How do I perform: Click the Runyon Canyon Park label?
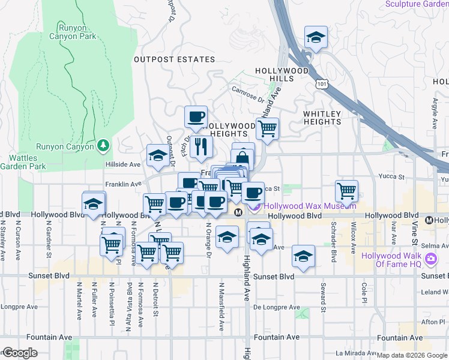click(77, 32)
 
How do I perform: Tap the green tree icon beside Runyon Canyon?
click(104, 145)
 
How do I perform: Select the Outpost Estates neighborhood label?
click(174, 59)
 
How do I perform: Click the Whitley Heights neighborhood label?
click(322, 118)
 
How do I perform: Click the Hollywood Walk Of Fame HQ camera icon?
click(430, 259)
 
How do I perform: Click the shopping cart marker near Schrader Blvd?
click(346, 191)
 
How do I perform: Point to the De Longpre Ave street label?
click(276, 307)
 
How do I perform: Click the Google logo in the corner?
click(19, 353)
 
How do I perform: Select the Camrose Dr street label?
click(247, 93)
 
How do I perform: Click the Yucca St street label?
click(392, 177)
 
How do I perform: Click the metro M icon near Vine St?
click(429, 220)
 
